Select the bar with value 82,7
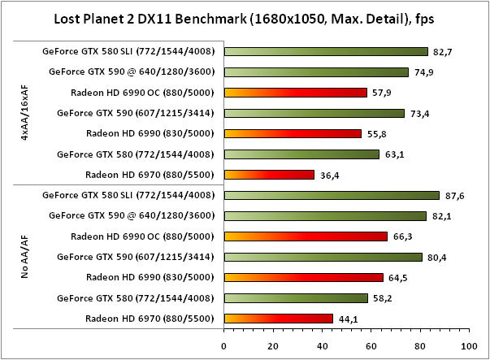click(x=325, y=51)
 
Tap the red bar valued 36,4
click(x=268, y=174)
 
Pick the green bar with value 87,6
click(x=331, y=195)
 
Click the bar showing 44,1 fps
click(x=278, y=318)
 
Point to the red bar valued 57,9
click(x=295, y=92)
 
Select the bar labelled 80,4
click(x=323, y=257)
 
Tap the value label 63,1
click(x=392, y=154)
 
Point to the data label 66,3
click(x=399, y=236)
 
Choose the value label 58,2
click(x=379, y=298)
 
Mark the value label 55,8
click(x=374, y=133)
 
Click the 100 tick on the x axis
click(x=466, y=346)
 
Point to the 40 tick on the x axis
click(x=321, y=346)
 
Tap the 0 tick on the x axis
click(x=223, y=346)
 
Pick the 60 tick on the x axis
click(x=370, y=346)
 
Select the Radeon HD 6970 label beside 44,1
click(x=154, y=319)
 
